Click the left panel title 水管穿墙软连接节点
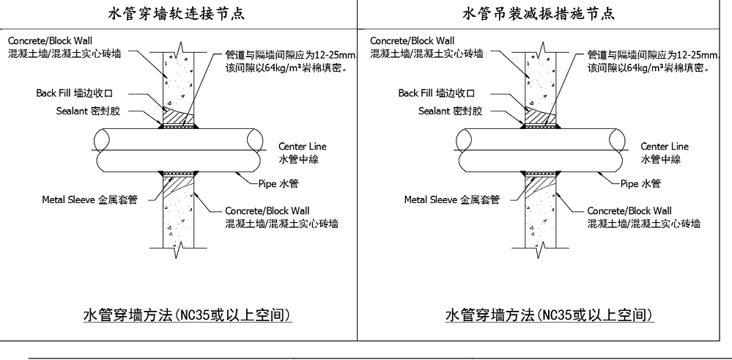pos(178,14)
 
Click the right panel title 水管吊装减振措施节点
pos(539,14)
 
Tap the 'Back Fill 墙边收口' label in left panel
pos(80,93)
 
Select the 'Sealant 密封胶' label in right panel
pos(450,111)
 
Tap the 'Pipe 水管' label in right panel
pos(640,183)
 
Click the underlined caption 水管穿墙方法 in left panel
pos(188,315)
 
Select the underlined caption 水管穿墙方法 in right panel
pos(549,315)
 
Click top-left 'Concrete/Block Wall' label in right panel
pos(413,40)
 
